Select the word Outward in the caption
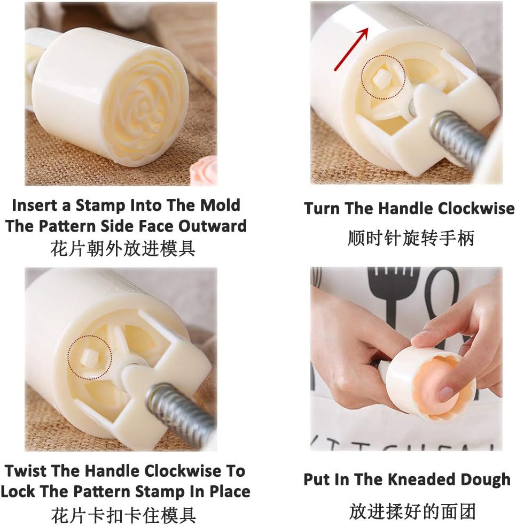213,226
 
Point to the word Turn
323,208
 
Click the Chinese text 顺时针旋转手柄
410,238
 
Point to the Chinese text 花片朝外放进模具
123,248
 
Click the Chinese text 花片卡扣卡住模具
123,515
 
